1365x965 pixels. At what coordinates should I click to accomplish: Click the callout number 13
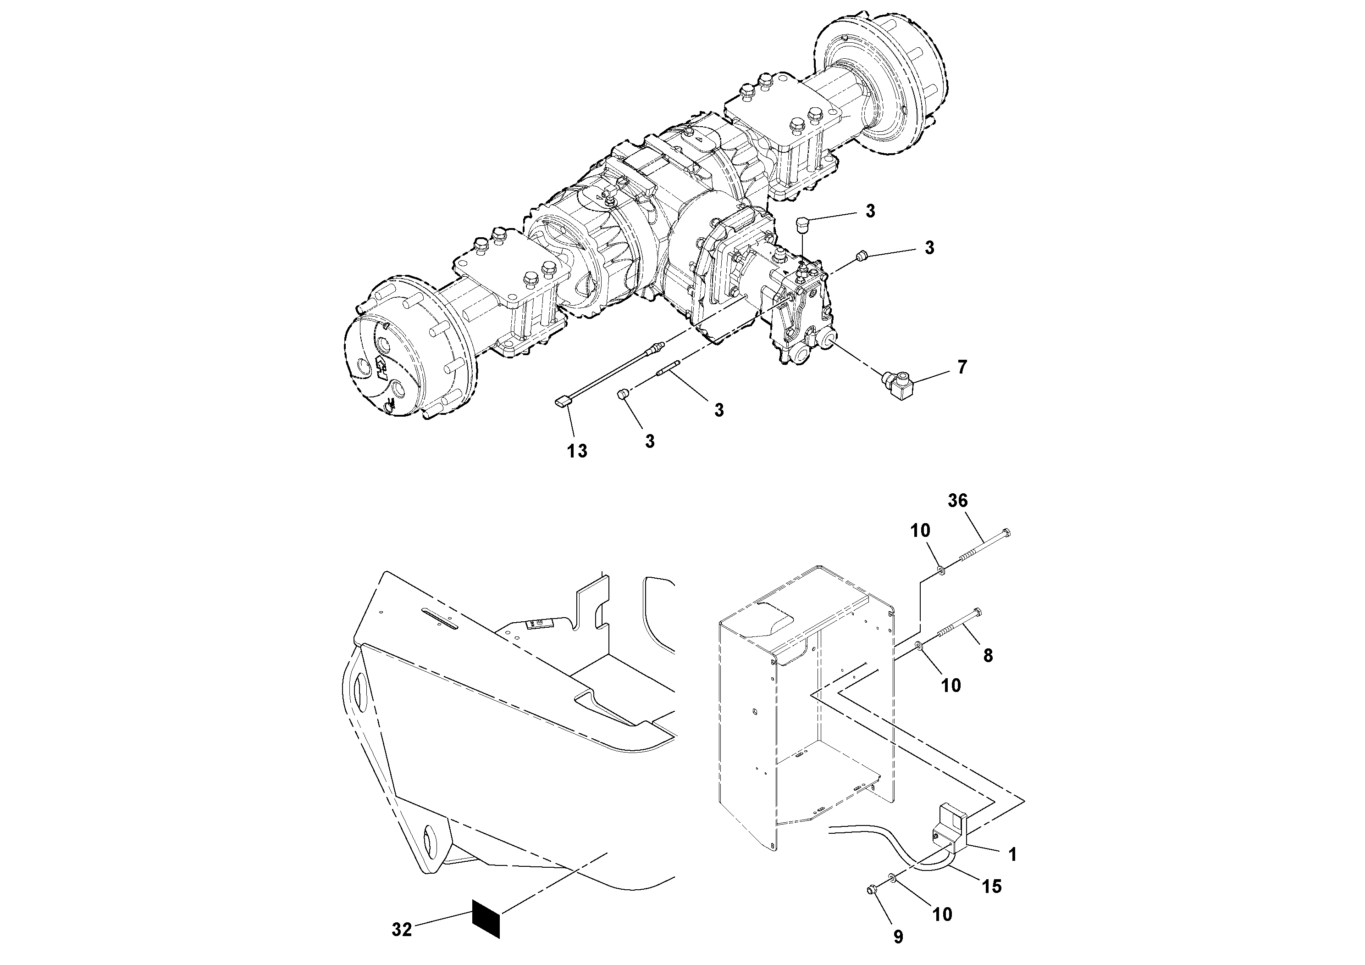tap(577, 451)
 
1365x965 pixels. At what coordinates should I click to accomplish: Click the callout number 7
tap(962, 367)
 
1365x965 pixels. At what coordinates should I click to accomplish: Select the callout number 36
tap(957, 501)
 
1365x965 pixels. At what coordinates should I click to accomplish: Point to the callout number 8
tap(988, 656)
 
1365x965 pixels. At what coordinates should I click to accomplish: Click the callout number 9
tap(898, 937)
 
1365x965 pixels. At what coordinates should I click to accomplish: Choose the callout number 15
tap(992, 887)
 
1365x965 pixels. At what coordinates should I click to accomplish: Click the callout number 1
tap(1012, 854)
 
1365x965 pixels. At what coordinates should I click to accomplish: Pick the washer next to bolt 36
tap(942, 570)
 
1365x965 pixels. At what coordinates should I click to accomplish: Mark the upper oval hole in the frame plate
tap(359, 693)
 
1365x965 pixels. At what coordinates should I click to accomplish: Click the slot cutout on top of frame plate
tap(439, 619)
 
